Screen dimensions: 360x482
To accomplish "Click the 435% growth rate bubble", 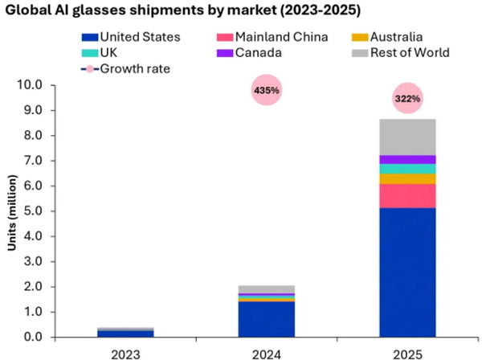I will [266, 91].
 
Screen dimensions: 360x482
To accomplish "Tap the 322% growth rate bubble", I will [407, 98].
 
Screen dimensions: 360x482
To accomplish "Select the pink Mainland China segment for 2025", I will [407, 195].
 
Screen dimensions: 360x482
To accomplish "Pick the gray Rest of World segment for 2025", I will [407, 137].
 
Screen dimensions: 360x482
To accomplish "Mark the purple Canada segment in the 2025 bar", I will [407, 159].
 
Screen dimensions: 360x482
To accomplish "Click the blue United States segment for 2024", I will [266, 319].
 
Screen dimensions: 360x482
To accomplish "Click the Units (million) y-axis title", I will [12, 211].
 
